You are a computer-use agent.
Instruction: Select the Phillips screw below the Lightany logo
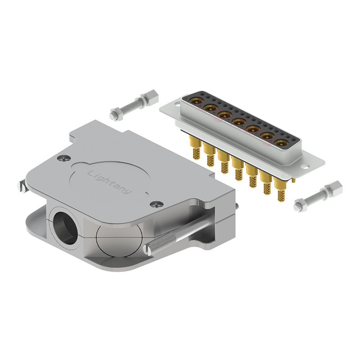tap(157, 204)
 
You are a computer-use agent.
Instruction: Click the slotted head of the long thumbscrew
tap(148, 250)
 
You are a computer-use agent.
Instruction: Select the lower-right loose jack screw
tap(318, 197)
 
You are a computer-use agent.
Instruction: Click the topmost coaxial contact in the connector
tap(196, 100)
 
